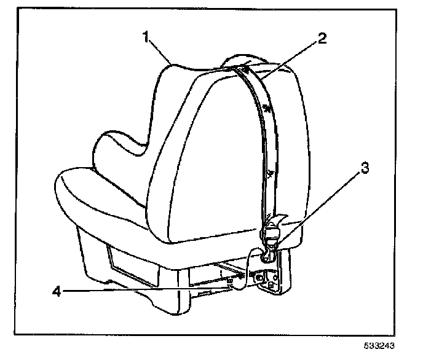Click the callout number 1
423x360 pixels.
[x=146, y=37]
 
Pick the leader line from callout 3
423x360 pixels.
[x=320, y=209]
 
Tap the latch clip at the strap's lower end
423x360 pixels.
[x=271, y=237]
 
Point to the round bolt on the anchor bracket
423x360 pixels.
[x=259, y=278]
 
